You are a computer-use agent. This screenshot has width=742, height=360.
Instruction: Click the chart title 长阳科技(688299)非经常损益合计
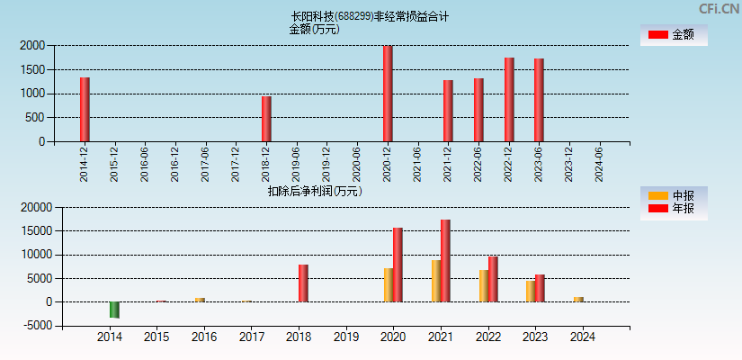[370, 16]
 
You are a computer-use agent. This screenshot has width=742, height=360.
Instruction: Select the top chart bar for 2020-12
[388, 94]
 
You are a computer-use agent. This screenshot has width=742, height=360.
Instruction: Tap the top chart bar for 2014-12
[85, 109]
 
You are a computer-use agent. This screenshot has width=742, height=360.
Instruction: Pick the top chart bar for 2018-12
[266, 119]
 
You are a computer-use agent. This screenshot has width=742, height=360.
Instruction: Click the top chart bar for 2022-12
[509, 99]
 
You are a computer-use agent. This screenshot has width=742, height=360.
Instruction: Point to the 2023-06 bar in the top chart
[539, 100]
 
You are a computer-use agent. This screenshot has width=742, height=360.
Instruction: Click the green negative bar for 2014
[114, 310]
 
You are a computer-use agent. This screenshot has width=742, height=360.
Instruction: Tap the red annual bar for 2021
[445, 261]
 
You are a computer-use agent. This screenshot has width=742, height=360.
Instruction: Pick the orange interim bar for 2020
[389, 284]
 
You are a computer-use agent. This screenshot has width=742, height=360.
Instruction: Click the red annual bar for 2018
[303, 283]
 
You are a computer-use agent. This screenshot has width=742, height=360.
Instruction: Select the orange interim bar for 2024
[578, 299]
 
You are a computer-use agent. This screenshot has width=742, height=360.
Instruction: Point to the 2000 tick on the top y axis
[32, 45]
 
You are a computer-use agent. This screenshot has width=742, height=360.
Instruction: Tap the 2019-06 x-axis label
[297, 166]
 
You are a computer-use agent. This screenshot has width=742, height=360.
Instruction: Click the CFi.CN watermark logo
[719, 8]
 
